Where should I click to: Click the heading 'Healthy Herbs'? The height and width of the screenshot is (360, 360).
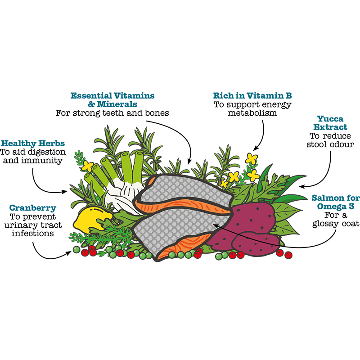(x=33, y=143)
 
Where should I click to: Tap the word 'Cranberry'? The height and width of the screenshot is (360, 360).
(x=33, y=208)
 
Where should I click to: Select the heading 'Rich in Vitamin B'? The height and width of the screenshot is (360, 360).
(x=252, y=95)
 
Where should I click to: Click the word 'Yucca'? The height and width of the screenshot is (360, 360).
(x=330, y=119)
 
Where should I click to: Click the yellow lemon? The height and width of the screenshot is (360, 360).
(x=92, y=220)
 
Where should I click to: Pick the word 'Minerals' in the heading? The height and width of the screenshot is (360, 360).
(x=117, y=104)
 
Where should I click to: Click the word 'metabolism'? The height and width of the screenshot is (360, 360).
(x=252, y=113)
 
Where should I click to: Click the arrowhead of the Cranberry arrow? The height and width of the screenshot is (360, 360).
(x=69, y=253)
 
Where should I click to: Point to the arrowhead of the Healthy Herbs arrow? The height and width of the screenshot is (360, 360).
(x=65, y=192)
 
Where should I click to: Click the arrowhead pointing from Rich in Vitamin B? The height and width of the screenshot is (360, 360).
(x=255, y=148)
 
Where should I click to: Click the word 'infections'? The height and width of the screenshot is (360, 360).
(x=33, y=234)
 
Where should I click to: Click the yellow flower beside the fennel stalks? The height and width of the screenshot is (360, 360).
(x=87, y=166)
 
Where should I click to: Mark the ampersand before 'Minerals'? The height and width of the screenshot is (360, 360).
(x=91, y=104)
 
